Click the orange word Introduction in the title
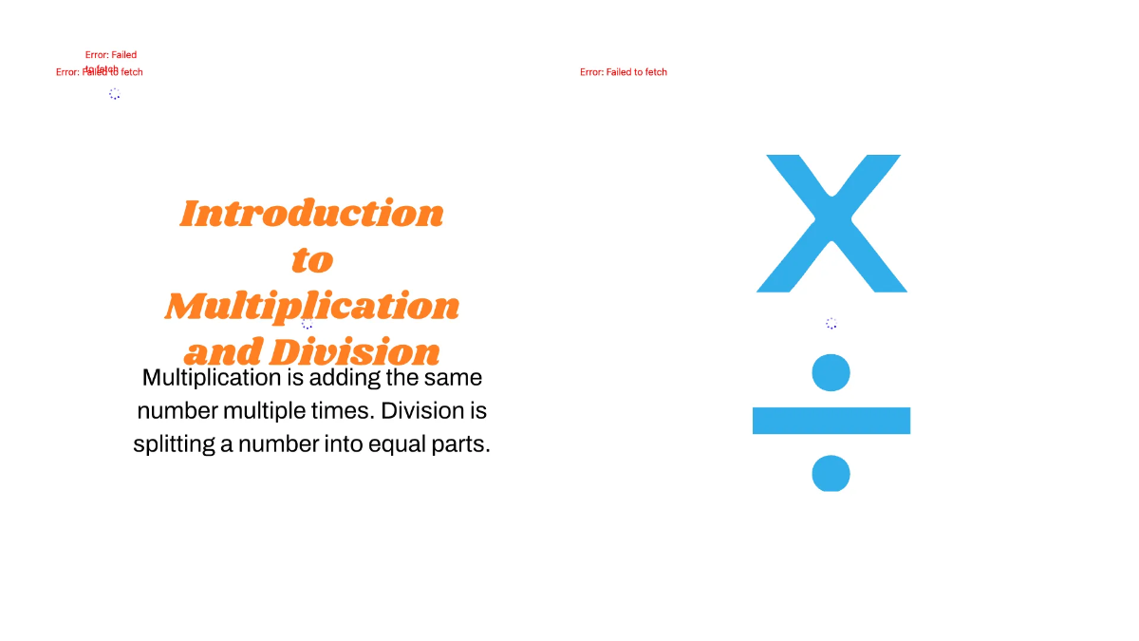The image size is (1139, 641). tap(311, 214)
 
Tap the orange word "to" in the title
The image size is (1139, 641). tap(312, 259)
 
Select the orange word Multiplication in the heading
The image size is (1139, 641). tap(312, 306)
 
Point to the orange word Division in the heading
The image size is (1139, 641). tap(355, 352)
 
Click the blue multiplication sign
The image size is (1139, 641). tap(831, 222)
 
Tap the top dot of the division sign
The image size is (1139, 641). tap(831, 371)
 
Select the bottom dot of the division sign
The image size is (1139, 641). tap(831, 473)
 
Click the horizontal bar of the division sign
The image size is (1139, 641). tap(831, 421)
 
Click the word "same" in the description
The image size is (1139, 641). tap(452, 378)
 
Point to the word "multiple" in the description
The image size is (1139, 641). tap(269, 411)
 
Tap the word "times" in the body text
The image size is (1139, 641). tap(346, 411)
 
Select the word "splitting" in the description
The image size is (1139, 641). tap(174, 444)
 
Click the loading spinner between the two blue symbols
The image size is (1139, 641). tap(831, 324)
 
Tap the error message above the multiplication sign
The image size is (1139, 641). tap(624, 72)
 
